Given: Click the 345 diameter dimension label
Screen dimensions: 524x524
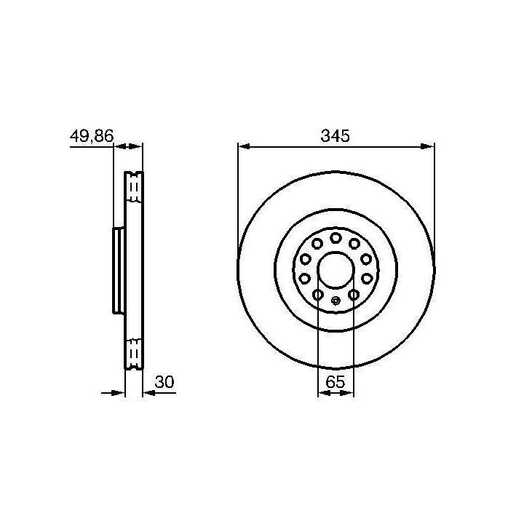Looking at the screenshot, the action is [x=335, y=135].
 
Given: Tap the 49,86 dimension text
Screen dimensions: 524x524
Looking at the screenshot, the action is [x=92, y=136].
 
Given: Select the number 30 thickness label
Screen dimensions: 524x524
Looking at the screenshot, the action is [x=164, y=382].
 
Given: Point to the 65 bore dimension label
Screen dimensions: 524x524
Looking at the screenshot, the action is [x=335, y=381].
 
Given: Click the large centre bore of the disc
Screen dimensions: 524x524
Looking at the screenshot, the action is [x=336, y=270].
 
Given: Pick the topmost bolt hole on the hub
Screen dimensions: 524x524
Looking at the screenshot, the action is [x=336, y=238].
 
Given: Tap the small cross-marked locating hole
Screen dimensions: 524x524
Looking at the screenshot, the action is [x=336, y=301].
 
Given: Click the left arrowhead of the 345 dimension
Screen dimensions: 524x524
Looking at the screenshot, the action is [x=245, y=146].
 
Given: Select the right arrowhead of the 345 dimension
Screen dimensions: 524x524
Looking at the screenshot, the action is [x=427, y=146].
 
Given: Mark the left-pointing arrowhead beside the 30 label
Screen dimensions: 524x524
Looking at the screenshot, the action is [x=149, y=393].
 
